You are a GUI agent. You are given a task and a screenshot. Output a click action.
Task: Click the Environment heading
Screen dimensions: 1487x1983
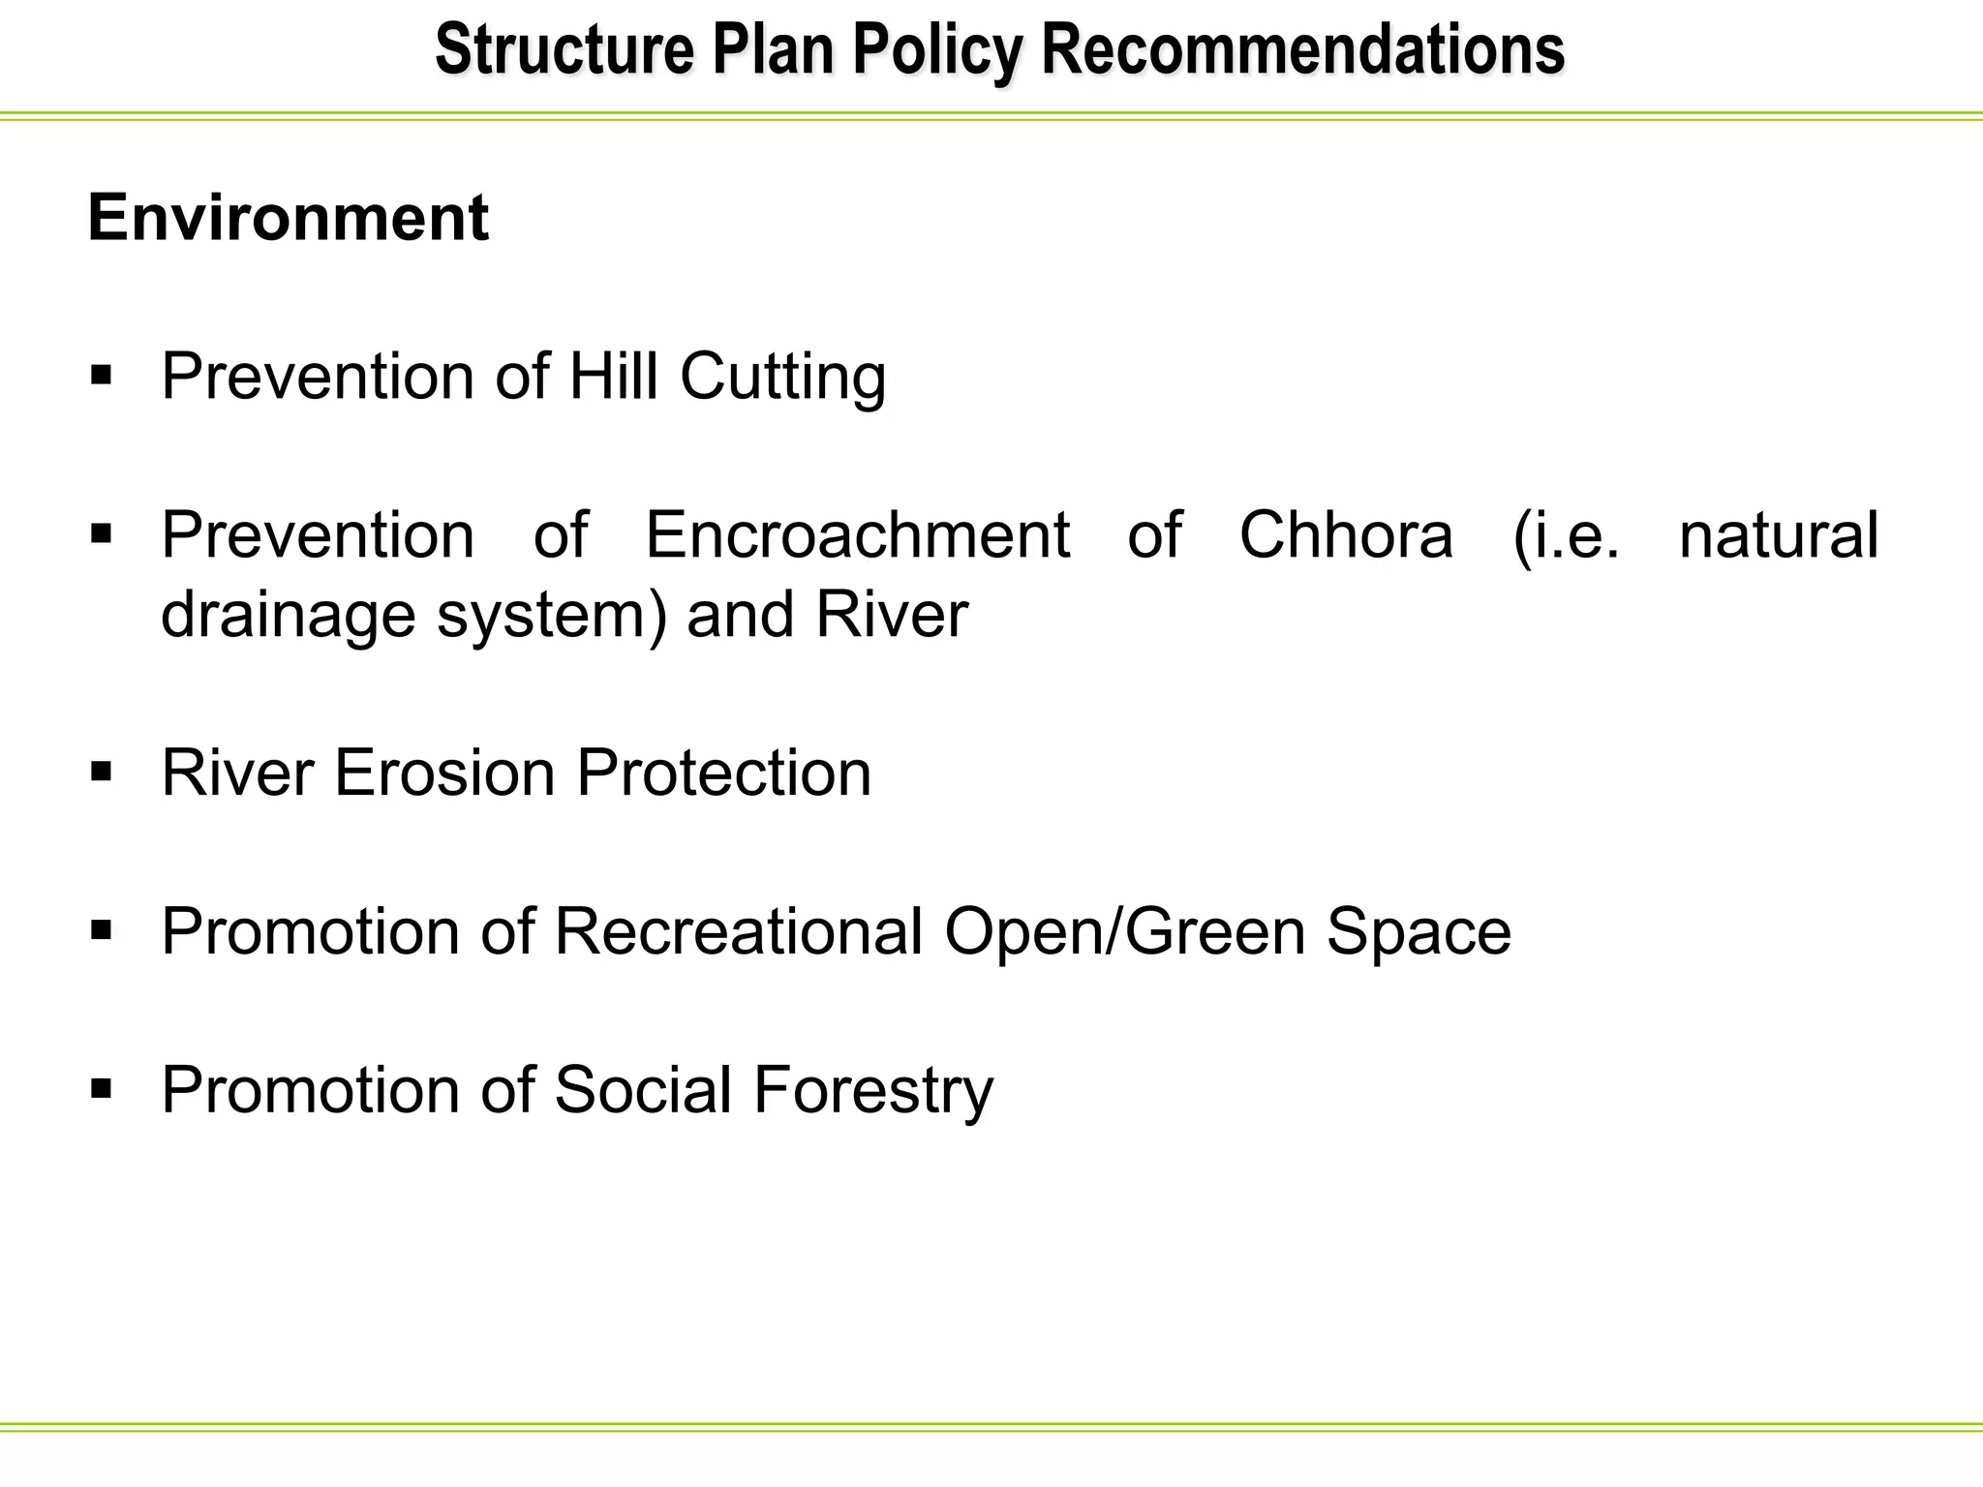[x=288, y=218]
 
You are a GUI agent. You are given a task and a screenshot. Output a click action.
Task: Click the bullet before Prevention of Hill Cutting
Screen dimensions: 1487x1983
[x=102, y=375]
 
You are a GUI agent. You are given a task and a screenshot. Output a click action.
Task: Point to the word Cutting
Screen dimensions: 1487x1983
[x=782, y=377]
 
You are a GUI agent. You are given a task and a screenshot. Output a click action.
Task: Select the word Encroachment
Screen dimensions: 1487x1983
[x=857, y=534]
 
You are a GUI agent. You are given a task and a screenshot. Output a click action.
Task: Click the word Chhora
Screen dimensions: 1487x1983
[x=1346, y=534]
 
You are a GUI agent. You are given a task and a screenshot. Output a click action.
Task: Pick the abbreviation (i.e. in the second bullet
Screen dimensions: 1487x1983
[x=1566, y=535]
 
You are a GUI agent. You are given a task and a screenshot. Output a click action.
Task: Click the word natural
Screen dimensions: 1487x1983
[x=1779, y=534]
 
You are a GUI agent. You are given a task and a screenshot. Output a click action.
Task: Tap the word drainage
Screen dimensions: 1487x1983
[x=288, y=616]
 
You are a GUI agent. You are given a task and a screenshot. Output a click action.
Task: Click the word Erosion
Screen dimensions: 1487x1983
[x=444, y=773]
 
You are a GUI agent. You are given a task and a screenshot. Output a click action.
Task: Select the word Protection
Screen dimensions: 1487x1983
[x=723, y=773]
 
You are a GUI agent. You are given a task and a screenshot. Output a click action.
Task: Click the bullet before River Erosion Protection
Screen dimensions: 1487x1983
[x=102, y=772]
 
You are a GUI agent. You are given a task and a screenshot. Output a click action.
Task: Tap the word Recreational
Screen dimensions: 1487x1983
[x=738, y=931]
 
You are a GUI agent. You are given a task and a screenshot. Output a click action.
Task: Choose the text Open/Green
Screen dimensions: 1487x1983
[x=1124, y=931]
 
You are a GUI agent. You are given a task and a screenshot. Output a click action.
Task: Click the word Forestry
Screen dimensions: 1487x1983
[x=872, y=1090]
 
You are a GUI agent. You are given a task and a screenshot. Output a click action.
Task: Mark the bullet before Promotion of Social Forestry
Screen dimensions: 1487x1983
[x=102, y=1088]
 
